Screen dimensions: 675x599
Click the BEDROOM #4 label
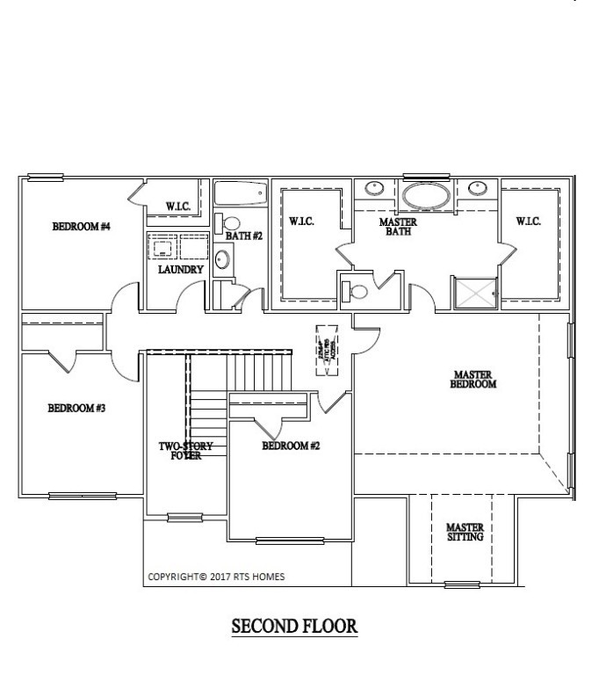point(81,227)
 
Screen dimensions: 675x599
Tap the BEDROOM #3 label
point(76,408)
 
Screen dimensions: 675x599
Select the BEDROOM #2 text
point(291,446)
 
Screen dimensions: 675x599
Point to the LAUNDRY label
point(180,270)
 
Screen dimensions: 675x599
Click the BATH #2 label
point(244,236)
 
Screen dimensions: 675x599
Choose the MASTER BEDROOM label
point(473,379)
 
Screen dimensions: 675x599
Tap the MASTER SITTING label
point(465,531)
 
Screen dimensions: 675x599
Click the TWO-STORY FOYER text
point(185,451)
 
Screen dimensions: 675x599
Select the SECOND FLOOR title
point(294,627)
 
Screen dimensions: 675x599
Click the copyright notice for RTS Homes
point(216,577)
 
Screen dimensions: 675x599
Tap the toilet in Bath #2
point(229,223)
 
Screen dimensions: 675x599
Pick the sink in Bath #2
point(223,258)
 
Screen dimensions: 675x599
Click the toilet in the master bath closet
point(354,289)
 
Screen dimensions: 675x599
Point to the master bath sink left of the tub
point(374,187)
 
